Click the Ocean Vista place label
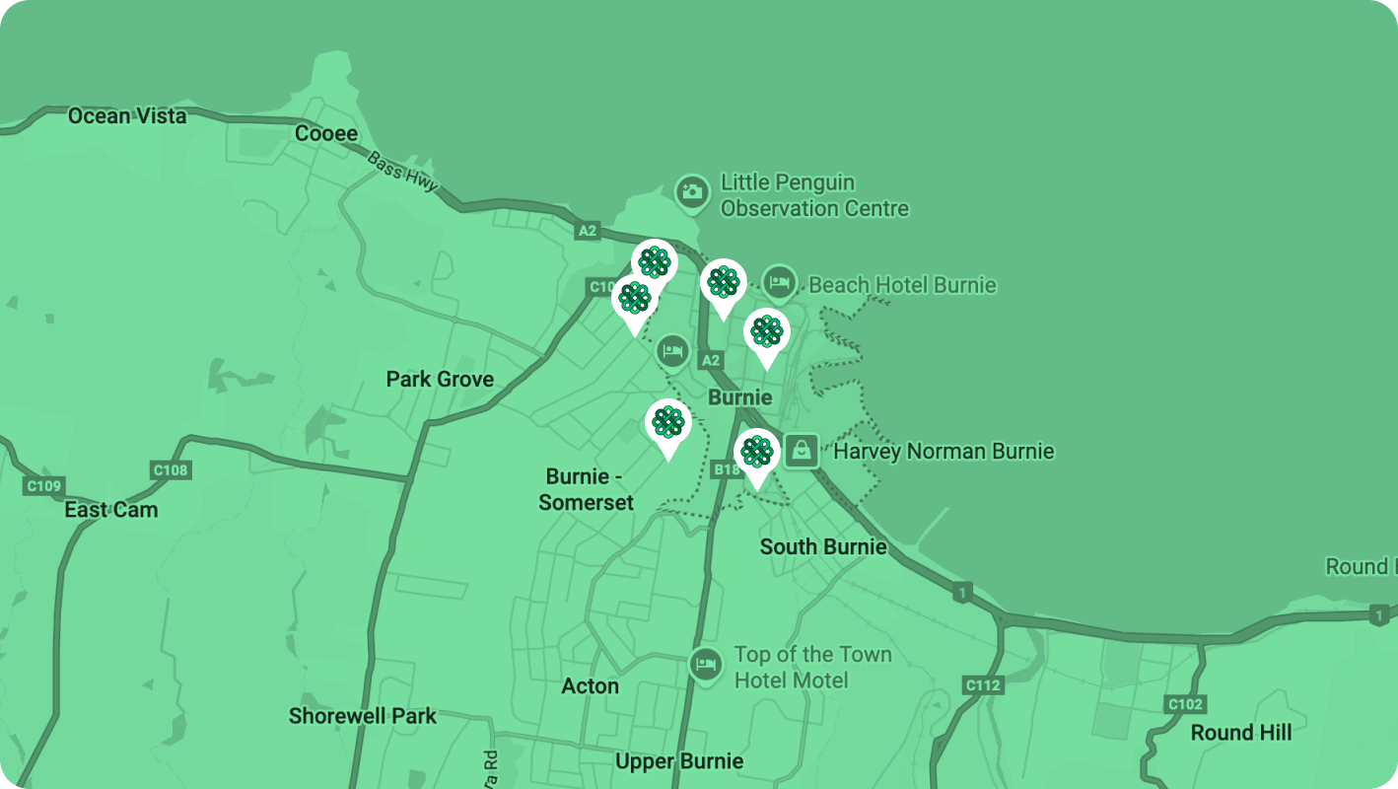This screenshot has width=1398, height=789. pos(126,116)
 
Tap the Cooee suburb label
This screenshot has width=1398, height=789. pos(326,134)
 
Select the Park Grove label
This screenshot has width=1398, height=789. pos(440,380)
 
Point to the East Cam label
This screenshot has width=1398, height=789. pos(110,510)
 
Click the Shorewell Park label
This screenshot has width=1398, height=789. pos(362,716)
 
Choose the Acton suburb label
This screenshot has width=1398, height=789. pos(590,686)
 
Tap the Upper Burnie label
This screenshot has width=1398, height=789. pos(678,761)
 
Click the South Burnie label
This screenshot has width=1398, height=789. pos(823,546)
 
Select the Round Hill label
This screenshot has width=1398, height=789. pos(1240,733)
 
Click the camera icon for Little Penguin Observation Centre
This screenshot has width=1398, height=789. pos(692,193)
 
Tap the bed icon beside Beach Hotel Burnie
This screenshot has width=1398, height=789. pos(779,284)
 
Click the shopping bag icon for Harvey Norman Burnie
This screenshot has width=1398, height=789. pos(802,451)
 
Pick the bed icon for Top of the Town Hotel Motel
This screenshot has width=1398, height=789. pos(705,663)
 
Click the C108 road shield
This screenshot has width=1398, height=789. pos(170,470)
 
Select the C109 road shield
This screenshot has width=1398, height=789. pos(43,485)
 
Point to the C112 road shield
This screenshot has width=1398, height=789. pos(983,685)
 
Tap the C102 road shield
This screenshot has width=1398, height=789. pos(1184,704)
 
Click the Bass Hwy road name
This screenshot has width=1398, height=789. pos(402,174)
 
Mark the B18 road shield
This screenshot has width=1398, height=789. pos(727,470)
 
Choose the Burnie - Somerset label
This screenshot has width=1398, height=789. pos(586,489)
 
